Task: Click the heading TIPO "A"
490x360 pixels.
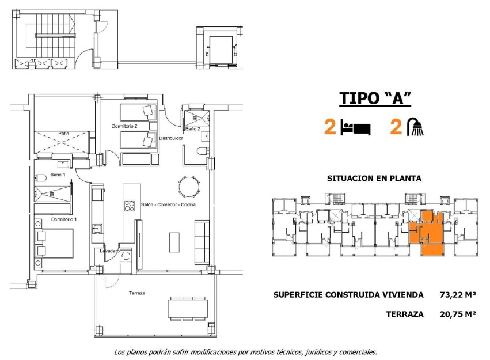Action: [375, 98]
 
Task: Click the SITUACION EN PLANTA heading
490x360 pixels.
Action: [374, 179]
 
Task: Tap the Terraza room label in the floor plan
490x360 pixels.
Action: [137, 293]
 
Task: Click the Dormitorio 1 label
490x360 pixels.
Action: [64, 219]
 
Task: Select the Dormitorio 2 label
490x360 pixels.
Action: [124, 126]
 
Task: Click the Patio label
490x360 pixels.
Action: [63, 134]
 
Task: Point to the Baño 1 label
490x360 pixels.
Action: [58, 174]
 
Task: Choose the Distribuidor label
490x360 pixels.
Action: [171, 138]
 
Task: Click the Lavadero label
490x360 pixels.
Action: [109, 251]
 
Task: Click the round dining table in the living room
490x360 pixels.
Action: [187, 185]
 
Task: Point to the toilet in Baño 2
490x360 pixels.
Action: [201, 152]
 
